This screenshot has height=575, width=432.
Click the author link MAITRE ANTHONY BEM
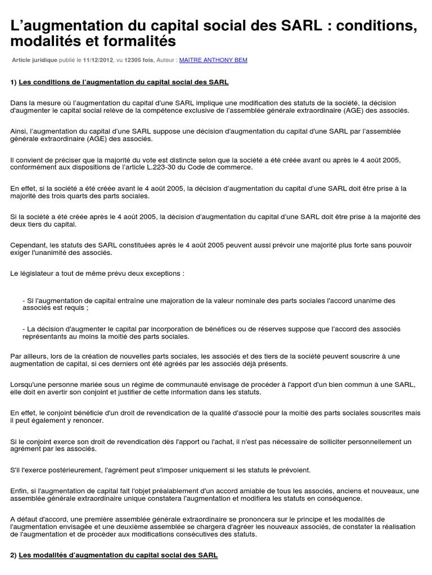click(213, 60)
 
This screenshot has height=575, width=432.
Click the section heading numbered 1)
click(119, 82)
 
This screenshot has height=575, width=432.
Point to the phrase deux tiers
click(25, 225)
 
